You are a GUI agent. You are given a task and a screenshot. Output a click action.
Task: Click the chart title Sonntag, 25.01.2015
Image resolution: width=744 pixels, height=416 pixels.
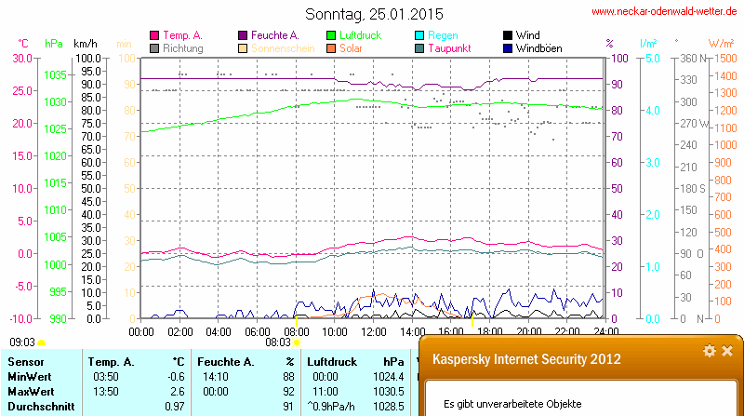tap(375, 14)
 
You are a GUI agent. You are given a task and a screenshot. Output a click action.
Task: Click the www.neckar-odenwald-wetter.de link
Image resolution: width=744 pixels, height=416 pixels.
tap(666, 12)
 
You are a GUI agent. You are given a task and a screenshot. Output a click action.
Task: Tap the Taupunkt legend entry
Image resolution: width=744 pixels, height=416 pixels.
tap(448, 47)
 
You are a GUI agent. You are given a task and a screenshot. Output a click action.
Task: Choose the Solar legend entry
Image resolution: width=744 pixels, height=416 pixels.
tap(351, 47)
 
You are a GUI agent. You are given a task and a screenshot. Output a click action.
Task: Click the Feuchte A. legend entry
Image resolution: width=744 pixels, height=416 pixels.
tap(274, 34)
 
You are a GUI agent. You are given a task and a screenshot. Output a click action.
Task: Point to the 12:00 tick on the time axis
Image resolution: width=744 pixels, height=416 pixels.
tap(373, 330)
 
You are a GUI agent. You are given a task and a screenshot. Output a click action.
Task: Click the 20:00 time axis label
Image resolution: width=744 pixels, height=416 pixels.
tap(528, 330)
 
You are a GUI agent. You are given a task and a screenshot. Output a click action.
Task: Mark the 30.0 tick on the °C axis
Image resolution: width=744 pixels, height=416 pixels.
tap(20, 58)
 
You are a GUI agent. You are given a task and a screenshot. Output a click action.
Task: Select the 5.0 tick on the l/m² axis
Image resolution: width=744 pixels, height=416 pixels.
tap(652, 58)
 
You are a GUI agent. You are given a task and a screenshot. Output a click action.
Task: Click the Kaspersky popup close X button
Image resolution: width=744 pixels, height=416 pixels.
tap(727, 351)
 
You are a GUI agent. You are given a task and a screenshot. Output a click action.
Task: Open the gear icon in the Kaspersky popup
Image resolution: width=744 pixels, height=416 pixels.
tap(710, 351)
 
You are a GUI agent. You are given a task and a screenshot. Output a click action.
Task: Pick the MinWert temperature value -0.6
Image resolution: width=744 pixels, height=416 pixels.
tap(175, 376)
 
